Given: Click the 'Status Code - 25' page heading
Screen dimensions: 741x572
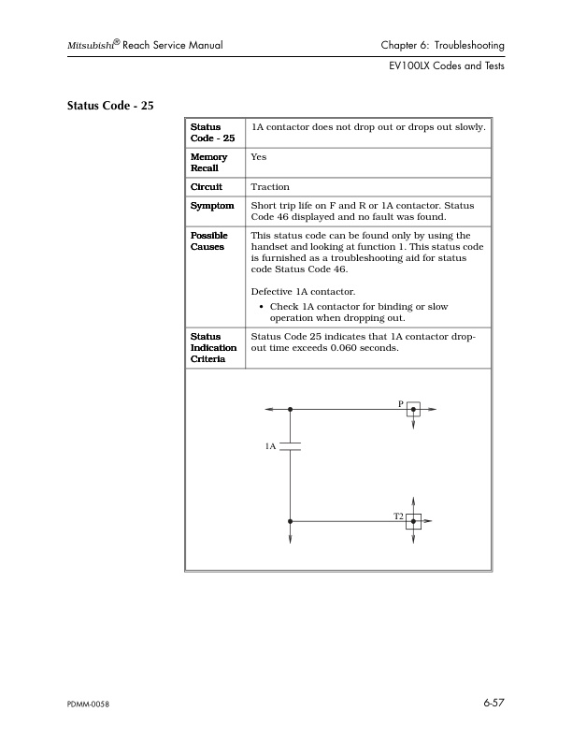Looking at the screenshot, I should (x=110, y=105).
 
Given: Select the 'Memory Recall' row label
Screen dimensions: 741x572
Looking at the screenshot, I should (x=208, y=165).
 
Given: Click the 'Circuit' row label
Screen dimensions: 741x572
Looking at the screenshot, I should (x=206, y=188).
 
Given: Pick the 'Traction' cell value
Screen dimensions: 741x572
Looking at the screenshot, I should (x=270, y=188).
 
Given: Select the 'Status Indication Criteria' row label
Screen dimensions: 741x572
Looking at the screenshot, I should (x=213, y=346).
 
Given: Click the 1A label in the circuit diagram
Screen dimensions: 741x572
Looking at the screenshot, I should (x=270, y=447).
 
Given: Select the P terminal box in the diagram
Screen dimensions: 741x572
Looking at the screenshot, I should (x=413, y=410).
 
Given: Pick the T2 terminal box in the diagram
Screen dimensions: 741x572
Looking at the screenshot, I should (x=413, y=521).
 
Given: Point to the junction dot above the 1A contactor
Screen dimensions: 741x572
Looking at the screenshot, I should (x=290, y=410).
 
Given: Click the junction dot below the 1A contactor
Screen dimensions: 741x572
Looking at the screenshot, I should (x=290, y=521).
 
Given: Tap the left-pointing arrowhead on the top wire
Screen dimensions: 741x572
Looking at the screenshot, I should (x=268, y=410).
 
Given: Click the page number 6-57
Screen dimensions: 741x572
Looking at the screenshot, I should (x=493, y=702).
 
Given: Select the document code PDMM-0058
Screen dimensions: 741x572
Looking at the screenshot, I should (x=89, y=704).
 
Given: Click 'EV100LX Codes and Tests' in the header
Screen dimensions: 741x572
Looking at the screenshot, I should (x=448, y=67).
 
